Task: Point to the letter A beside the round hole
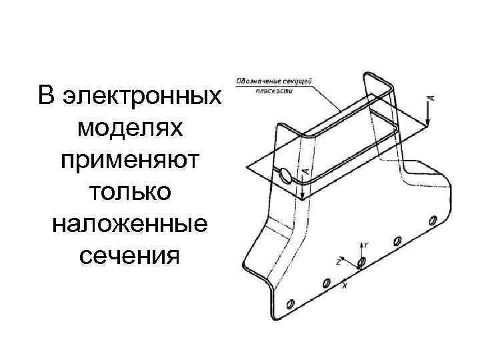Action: point(305,171)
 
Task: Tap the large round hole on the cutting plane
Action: point(286,175)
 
